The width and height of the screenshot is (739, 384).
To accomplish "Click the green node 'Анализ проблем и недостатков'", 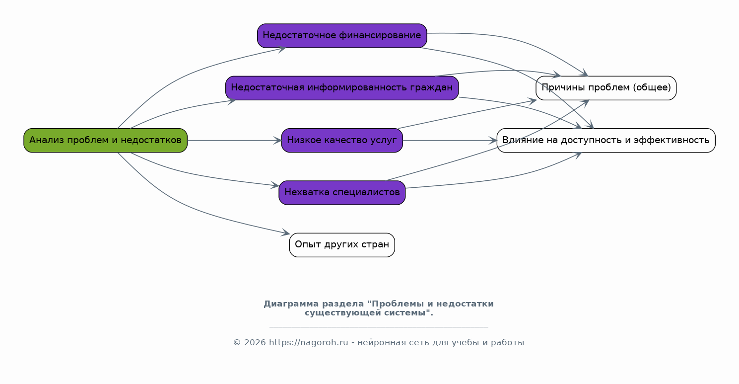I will pos(105,141).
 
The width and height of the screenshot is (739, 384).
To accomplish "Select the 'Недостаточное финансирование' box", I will pos(342,36).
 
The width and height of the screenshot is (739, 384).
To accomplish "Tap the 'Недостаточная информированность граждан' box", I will pos(342,88).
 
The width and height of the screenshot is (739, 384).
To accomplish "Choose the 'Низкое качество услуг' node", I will pos(342,141).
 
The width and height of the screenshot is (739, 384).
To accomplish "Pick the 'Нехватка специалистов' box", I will pos(342,193).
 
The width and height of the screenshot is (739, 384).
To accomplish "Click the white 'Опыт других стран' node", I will pos(342,245).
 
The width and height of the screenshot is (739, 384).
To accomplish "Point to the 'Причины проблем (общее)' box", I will pos(606,88).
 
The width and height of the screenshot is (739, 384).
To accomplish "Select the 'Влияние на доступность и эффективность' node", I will pos(606,141).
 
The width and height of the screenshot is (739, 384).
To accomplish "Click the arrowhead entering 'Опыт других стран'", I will pos(286,233).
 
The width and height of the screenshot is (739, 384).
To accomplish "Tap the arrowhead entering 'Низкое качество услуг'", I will pos(277,141).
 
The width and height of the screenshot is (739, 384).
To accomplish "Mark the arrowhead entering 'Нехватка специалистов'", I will pos(275,186).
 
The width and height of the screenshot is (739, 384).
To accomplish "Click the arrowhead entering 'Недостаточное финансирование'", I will pos(281,48).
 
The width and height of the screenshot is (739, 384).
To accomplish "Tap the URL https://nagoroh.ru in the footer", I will pos(308,343).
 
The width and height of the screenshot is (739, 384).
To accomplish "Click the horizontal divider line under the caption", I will pos(378,327).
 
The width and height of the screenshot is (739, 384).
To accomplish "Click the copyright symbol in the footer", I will pos(237,343).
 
